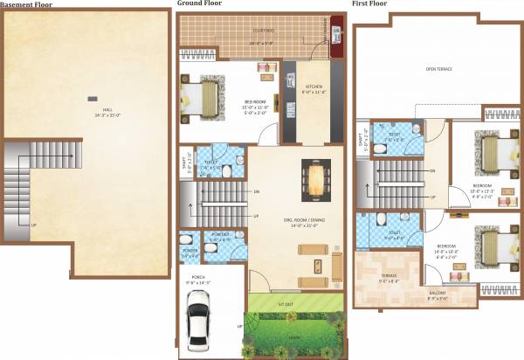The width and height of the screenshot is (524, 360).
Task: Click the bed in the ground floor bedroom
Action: pos(210,93)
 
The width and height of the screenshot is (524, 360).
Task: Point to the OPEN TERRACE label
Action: pos(438,68)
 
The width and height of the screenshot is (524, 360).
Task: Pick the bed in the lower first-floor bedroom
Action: pos(493,245)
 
